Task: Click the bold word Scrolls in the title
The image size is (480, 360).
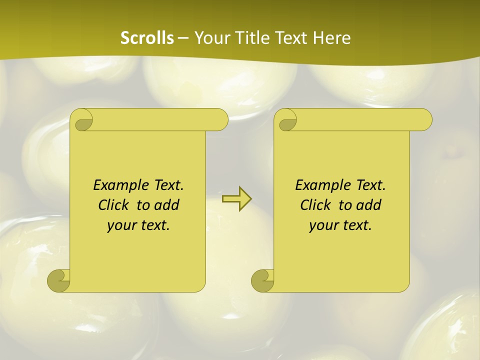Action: (147, 38)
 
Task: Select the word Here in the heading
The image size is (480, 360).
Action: (332, 38)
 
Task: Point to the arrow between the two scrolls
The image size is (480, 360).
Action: (236, 199)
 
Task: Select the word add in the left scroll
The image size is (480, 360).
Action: (167, 205)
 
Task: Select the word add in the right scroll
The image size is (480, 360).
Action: (369, 205)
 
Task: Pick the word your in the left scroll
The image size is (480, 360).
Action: (120, 225)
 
